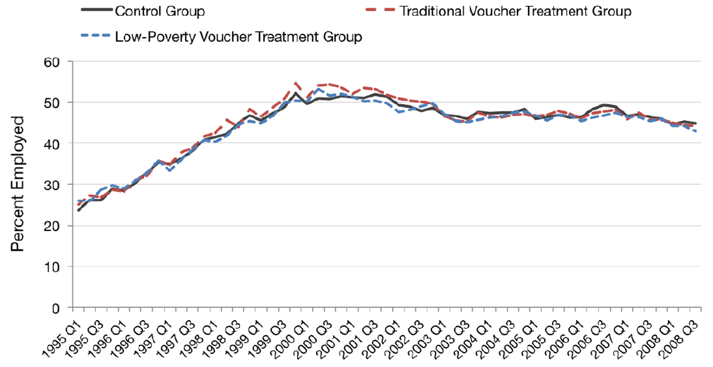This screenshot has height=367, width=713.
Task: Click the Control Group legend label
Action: click(x=159, y=11)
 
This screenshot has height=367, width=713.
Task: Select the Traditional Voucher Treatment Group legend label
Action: click(x=515, y=11)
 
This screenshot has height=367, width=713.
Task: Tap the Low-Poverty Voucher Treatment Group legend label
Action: click(x=238, y=37)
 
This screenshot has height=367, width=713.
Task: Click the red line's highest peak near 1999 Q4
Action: click(x=295, y=83)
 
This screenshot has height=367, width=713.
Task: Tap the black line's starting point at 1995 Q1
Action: click(x=79, y=210)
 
